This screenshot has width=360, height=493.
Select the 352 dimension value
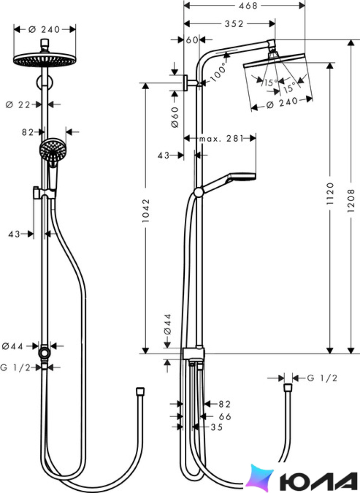(234, 24)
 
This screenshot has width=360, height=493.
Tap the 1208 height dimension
(351, 200)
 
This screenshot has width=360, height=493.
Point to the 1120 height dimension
(330, 193)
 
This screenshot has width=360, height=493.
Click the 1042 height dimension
(146, 210)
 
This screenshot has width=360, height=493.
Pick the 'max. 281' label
(221, 138)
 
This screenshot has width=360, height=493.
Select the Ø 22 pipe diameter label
(18, 105)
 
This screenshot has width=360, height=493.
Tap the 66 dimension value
(225, 417)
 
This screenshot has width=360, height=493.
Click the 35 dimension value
(217, 427)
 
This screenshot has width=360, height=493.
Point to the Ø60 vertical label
(175, 117)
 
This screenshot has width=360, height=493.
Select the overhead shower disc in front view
(45, 59)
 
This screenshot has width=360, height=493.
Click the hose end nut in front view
(140, 391)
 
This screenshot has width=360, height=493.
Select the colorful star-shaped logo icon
(260, 478)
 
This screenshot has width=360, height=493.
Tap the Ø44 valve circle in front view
(44, 352)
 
